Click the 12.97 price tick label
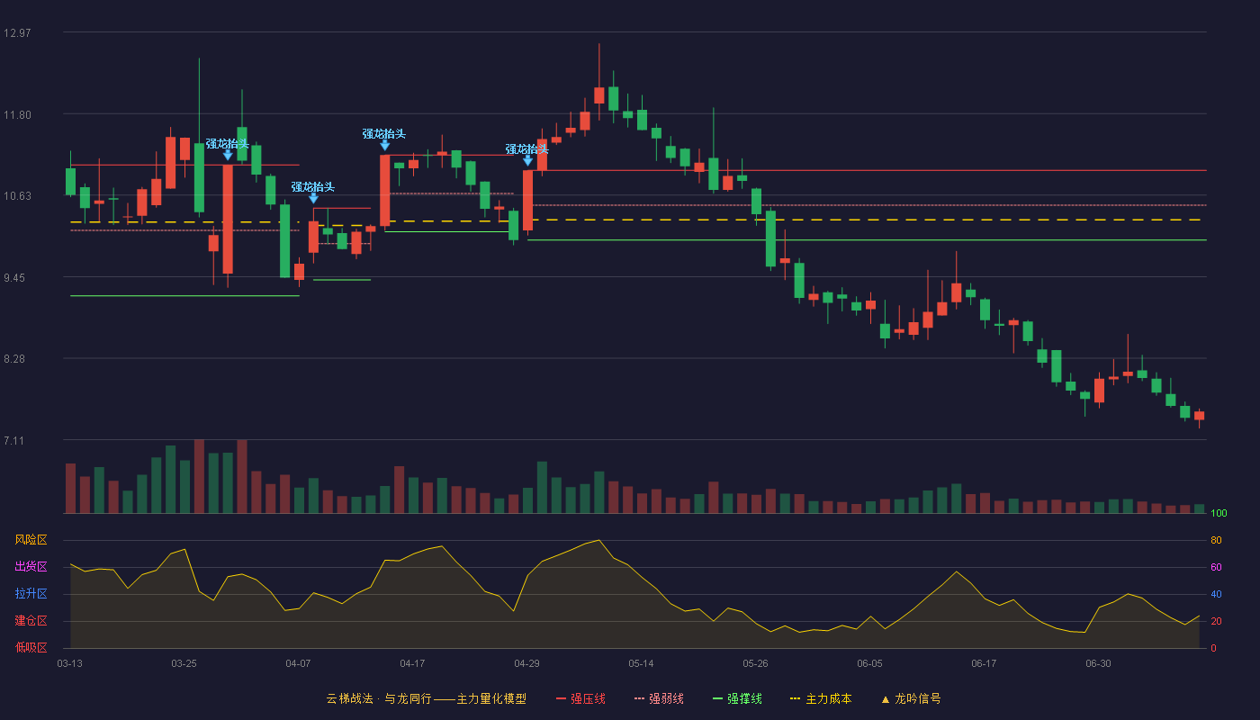pyautogui.click(x=17, y=33)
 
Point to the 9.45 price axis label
pyautogui.click(x=14, y=278)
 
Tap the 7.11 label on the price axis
pyautogui.click(x=14, y=440)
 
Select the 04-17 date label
pyautogui.click(x=412, y=664)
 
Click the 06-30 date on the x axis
pyautogui.click(x=1098, y=664)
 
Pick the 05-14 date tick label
pyautogui.click(x=641, y=664)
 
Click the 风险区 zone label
pyautogui.click(x=31, y=540)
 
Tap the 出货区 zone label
pyautogui.click(x=31, y=566)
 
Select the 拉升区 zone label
pyautogui.click(x=31, y=593)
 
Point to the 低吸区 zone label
pyautogui.click(x=31, y=647)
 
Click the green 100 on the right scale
pyautogui.click(x=1219, y=513)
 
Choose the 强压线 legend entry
pyautogui.click(x=581, y=698)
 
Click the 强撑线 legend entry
pyautogui.click(x=737, y=698)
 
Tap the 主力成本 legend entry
pyautogui.click(x=821, y=698)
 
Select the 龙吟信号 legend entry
pyautogui.click(x=911, y=698)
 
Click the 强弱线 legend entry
pyautogui.click(x=659, y=698)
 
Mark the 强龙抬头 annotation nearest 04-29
pyautogui.click(x=526, y=149)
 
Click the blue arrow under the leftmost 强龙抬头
pyautogui.click(x=228, y=155)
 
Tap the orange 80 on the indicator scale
pyautogui.click(x=1216, y=540)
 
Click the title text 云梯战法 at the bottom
pyautogui.click(x=349, y=698)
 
